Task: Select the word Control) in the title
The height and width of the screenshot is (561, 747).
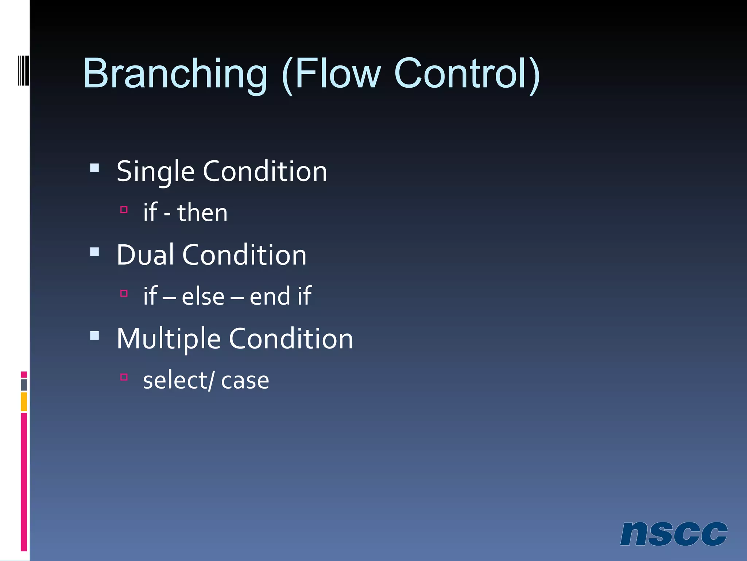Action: coord(467,74)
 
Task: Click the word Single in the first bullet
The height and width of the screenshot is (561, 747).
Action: coord(155,172)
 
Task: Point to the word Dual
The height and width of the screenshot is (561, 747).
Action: coord(145,255)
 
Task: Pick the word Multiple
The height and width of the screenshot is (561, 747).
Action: coord(169,339)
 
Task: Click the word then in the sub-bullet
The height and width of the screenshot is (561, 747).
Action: coord(202,213)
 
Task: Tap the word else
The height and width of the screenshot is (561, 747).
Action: coord(203,296)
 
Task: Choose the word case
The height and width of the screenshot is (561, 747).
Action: coord(245,381)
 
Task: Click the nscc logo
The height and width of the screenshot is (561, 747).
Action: coord(673,534)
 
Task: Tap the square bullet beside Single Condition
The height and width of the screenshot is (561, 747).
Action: coord(94,168)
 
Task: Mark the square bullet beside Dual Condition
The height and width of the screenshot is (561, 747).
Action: coord(94,252)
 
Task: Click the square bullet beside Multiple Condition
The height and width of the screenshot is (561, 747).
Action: coord(94,336)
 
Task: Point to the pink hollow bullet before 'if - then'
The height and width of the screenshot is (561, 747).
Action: coord(124,210)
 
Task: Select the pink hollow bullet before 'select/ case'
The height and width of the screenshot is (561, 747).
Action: coord(124,377)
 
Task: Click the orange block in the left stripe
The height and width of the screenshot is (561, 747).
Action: coord(24,401)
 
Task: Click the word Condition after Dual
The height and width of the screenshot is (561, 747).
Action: coord(244,255)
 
